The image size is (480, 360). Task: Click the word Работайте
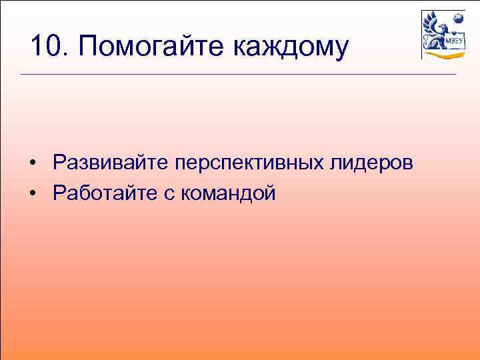(x=105, y=194)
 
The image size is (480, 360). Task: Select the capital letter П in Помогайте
(x=88, y=47)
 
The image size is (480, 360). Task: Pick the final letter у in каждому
(x=341, y=50)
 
